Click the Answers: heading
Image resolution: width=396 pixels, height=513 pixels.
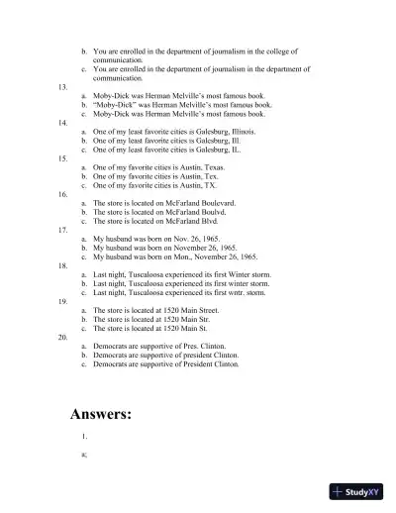point(101,414)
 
